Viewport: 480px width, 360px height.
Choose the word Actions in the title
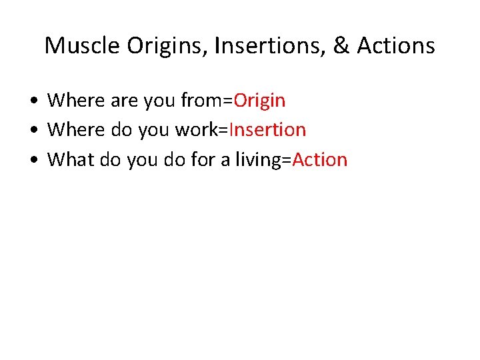396,46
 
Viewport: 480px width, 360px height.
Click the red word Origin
259,101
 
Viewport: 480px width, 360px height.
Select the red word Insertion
267,130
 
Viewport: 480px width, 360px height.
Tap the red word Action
320,160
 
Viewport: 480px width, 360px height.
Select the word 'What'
71,160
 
